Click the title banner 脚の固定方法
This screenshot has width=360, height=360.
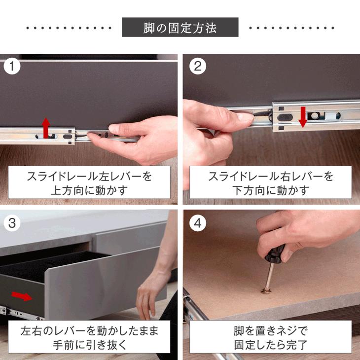[180, 28]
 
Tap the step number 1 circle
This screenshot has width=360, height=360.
[12, 67]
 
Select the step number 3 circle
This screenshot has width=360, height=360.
[12, 223]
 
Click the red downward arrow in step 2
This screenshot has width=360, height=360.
[303, 116]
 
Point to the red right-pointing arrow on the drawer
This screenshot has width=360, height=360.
[22, 296]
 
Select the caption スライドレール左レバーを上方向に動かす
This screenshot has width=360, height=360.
[89, 182]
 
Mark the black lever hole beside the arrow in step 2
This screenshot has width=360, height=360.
[286, 117]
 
